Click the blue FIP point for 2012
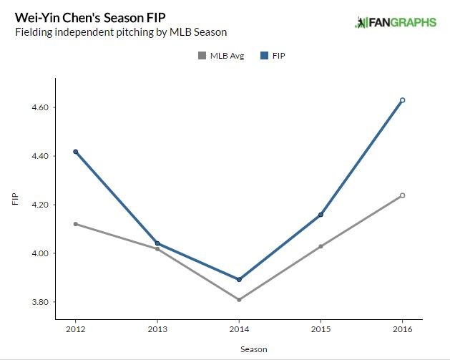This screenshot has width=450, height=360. pos(75,152)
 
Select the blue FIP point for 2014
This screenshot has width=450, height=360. pos(239,279)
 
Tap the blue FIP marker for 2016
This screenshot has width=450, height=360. pos(403,100)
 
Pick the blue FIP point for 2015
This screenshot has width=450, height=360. pos(321,215)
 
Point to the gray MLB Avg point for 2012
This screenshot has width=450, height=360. pos(75,224)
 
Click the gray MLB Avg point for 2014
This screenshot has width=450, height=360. pos(239,299)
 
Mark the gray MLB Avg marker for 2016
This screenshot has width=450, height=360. pos(403,195)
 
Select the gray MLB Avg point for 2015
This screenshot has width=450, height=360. pos(321,246)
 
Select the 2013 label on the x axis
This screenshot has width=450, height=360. pos(157,330)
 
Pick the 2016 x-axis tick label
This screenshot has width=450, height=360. pos(403,330)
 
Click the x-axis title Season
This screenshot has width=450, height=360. pos(239,349)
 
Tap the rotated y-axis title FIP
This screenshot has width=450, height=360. pos(16,199)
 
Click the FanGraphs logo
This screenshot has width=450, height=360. pos(395,23)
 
